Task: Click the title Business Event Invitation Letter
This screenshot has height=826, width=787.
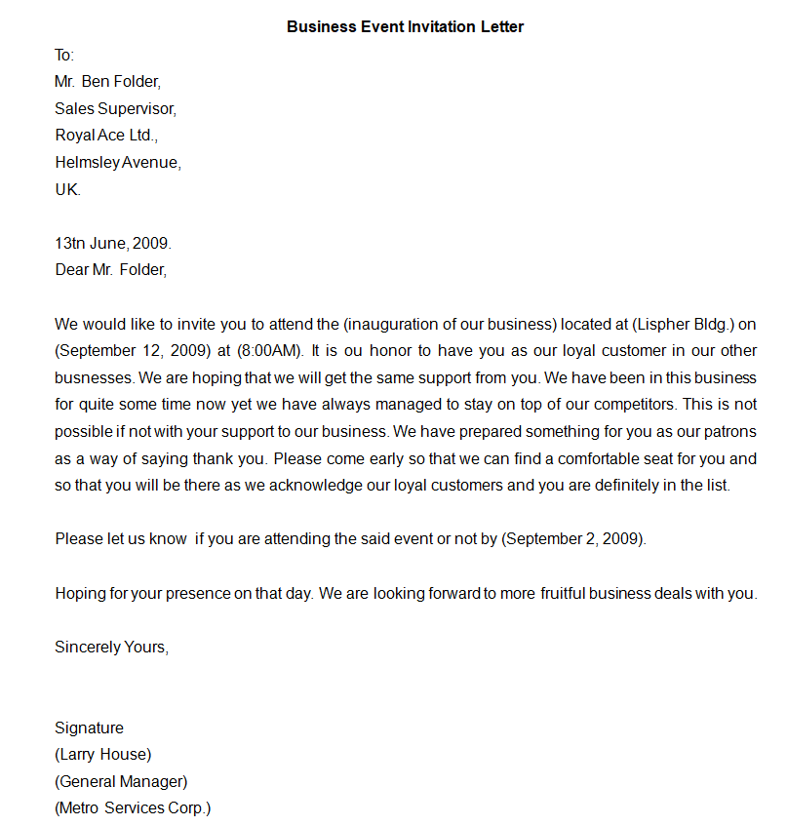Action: tap(405, 27)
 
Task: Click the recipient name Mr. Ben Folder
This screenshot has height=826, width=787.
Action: tap(107, 81)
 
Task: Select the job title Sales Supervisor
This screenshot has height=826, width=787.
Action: tap(115, 108)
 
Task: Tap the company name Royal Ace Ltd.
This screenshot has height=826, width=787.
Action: tap(105, 136)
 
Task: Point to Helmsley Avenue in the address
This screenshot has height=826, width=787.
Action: tap(118, 163)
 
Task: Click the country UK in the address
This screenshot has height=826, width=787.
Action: tap(67, 190)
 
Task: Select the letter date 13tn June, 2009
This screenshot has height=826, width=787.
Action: tap(112, 243)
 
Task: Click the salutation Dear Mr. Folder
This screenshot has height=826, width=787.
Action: tap(110, 270)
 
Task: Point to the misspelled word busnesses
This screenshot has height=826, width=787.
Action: tap(95, 377)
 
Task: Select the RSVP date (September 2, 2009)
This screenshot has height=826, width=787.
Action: tap(573, 539)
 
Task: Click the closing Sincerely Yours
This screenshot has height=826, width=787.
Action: tap(111, 647)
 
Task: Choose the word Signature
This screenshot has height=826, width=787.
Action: tap(89, 728)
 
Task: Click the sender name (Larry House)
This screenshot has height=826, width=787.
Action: tap(103, 754)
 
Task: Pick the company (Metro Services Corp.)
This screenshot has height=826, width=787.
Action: tap(133, 807)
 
